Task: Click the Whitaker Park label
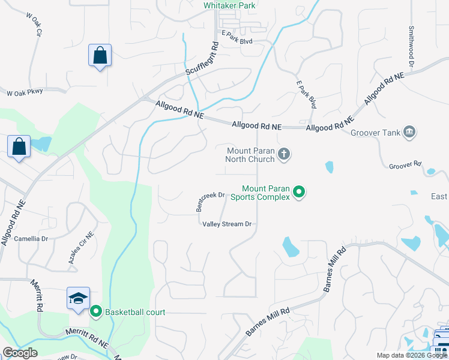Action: click(229, 5)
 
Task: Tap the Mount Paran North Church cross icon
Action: click(285, 155)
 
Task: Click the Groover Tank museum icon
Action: click(410, 131)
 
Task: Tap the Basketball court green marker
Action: click(96, 312)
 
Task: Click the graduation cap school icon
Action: click(78, 299)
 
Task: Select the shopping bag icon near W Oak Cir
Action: click(100, 56)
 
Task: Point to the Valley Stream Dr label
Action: click(226, 224)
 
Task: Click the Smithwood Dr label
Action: click(412, 46)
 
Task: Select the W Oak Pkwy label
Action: click(25, 93)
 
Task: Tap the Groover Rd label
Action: click(406, 164)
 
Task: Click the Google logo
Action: click(19, 353)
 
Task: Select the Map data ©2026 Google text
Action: click(412, 355)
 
